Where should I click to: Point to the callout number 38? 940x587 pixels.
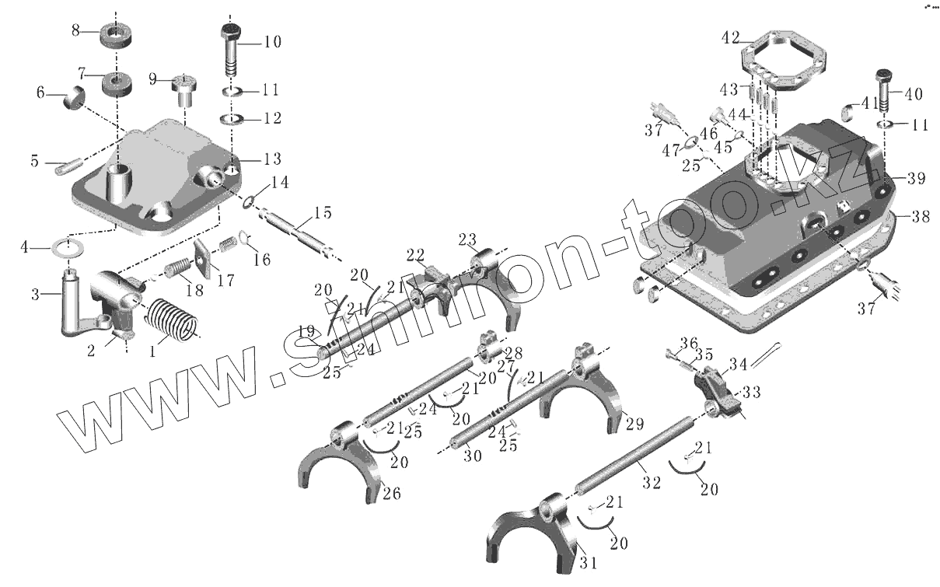(921, 218)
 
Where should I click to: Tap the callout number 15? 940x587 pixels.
(323, 212)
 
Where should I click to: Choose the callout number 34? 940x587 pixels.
(738, 363)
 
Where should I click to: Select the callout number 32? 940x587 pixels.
(652, 482)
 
